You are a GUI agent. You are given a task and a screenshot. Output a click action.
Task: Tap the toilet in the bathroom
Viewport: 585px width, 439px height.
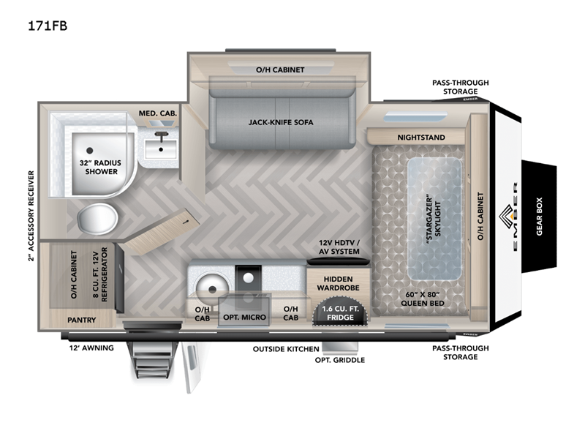tap(97, 217)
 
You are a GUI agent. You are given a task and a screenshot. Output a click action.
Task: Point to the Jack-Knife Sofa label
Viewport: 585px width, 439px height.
tap(281, 122)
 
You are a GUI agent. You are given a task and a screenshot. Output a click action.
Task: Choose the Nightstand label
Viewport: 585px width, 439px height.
tap(420, 137)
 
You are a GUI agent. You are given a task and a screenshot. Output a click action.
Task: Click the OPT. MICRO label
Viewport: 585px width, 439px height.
tap(244, 317)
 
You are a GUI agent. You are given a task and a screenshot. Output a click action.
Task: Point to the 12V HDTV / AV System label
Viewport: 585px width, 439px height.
tap(337, 247)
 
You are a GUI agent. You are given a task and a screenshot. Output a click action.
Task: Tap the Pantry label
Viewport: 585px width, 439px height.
tap(82, 320)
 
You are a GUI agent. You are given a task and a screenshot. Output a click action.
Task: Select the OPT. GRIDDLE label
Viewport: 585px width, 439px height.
tap(339, 360)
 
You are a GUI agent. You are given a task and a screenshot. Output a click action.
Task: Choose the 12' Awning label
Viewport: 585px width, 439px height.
tap(93, 348)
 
